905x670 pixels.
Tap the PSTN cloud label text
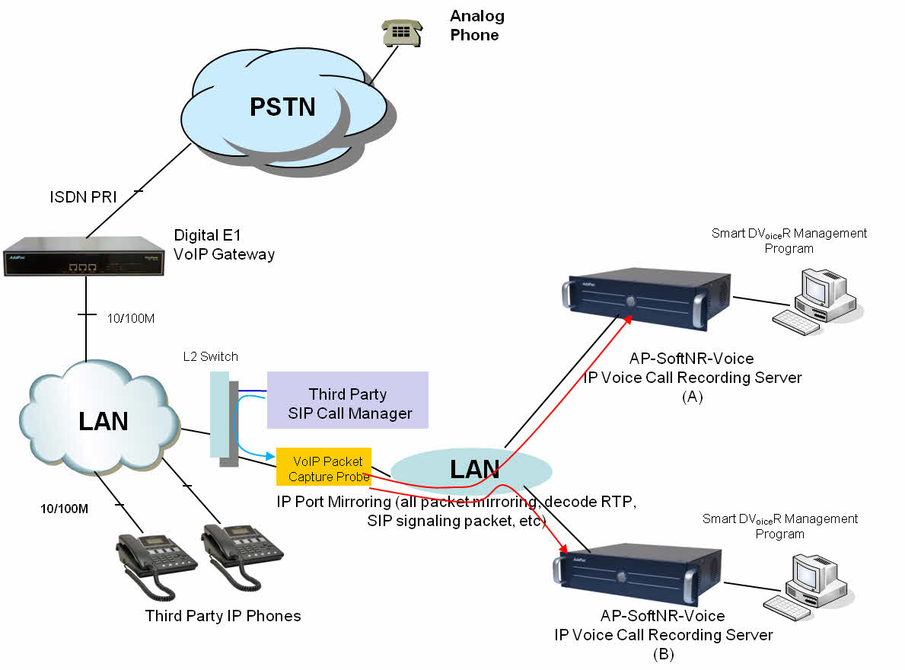point(282,107)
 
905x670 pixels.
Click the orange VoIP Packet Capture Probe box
point(323,467)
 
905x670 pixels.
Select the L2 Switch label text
point(211,356)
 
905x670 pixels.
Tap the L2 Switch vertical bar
point(219,416)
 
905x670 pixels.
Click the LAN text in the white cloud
point(103,420)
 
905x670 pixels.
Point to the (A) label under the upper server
point(692,397)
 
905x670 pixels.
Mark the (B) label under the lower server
point(663,653)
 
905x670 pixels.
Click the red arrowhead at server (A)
point(629,317)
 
